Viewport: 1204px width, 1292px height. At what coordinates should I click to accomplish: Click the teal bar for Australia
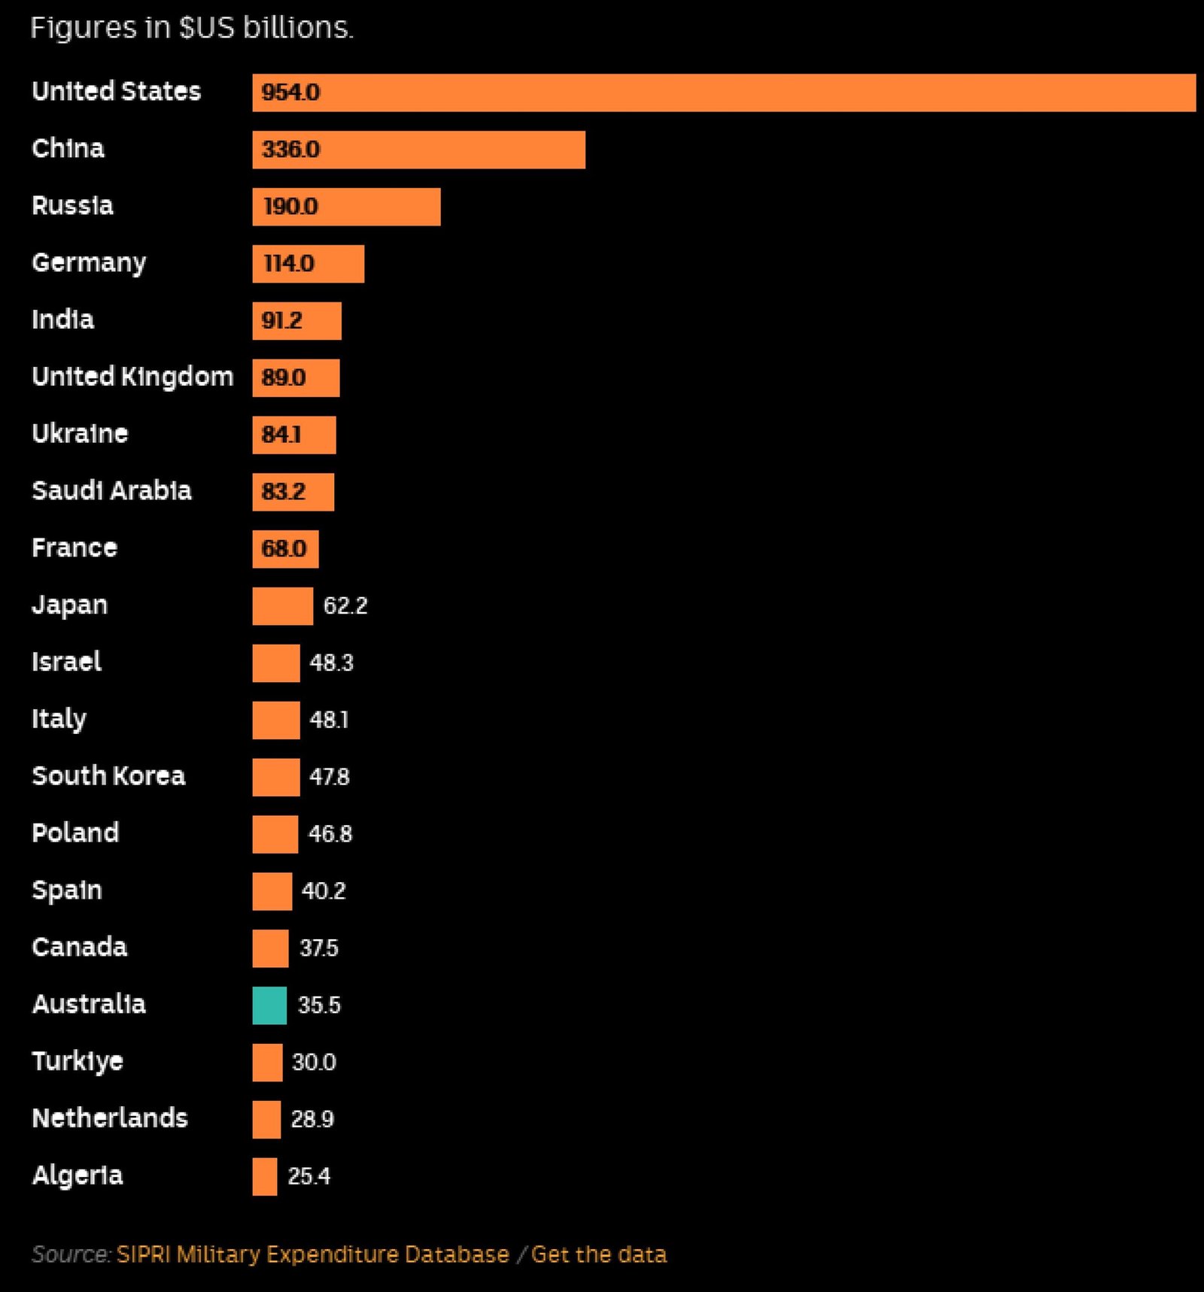pyautogui.click(x=269, y=1005)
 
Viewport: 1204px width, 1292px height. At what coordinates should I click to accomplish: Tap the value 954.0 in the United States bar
pyautogui.click(x=290, y=93)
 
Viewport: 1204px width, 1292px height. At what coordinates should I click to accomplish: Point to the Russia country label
pyautogui.click(x=72, y=205)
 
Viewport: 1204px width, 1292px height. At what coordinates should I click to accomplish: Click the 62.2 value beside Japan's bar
pyautogui.click(x=345, y=605)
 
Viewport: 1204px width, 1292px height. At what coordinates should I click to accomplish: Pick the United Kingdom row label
pyautogui.click(x=132, y=376)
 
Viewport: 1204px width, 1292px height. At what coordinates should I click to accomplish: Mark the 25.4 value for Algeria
pyautogui.click(x=309, y=1175)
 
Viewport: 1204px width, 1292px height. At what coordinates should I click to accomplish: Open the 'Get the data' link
pyautogui.click(x=599, y=1254)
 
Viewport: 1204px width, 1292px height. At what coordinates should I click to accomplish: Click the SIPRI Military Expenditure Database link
pyautogui.click(x=312, y=1254)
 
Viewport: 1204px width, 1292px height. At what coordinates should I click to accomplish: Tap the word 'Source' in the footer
pyautogui.click(x=71, y=1254)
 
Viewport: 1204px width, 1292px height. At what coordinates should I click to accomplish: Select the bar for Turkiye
pyautogui.click(x=267, y=1063)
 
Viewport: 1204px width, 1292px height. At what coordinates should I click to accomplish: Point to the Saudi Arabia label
pyautogui.click(x=111, y=490)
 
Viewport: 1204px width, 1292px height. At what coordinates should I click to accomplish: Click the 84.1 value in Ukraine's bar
pyautogui.click(x=281, y=435)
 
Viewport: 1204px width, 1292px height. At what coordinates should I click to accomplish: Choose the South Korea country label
pyautogui.click(x=108, y=775)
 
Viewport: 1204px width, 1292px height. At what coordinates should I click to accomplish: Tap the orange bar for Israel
pyautogui.click(x=275, y=663)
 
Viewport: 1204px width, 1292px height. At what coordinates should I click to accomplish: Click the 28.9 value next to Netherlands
pyautogui.click(x=312, y=1119)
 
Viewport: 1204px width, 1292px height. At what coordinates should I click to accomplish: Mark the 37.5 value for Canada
pyautogui.click(x=319, y=948)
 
